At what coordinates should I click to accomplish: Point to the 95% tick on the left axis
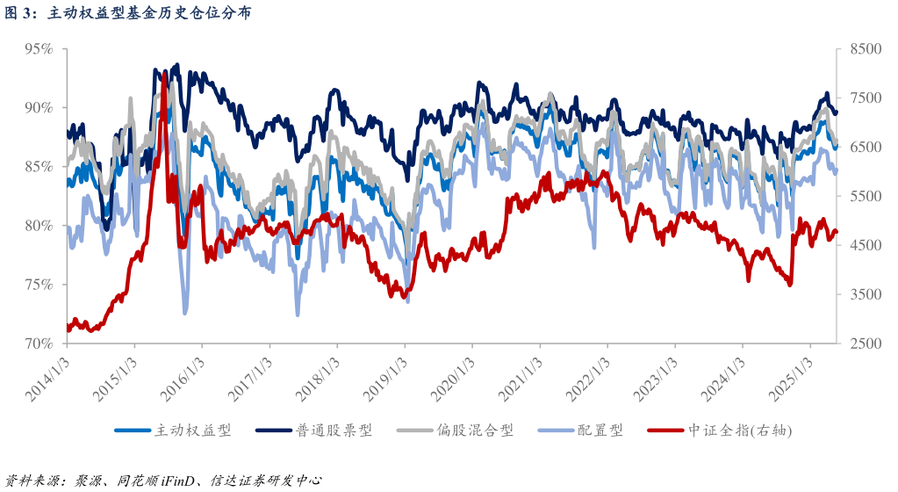click(39, 49)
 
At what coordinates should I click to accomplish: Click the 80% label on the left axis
click(39, 226)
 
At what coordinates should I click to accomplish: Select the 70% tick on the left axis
click(39, 344)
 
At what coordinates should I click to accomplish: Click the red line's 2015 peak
click(164, 75)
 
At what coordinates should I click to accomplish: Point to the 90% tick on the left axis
click(39, 108)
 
